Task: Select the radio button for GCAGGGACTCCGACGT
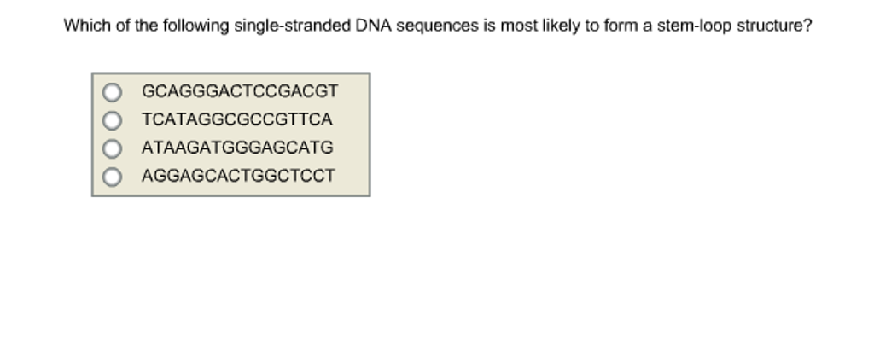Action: tap(113, 91)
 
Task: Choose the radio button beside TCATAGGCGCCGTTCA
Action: tap(113, 119)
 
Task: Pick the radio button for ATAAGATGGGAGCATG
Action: tap(113, 148)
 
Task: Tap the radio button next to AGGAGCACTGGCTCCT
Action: tap(113, 177)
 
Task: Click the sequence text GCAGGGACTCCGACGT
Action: tap(240, 91)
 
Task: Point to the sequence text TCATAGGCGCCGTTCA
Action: tap(236, 119)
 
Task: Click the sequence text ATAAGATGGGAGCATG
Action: tap(237, 148)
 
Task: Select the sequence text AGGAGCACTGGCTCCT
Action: tap(238, 177)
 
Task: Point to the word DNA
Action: tap(374, 26)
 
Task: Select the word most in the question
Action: tap(518, 26)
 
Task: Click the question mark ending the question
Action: tap(807, 26)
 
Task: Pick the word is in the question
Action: tap(489, 26)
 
